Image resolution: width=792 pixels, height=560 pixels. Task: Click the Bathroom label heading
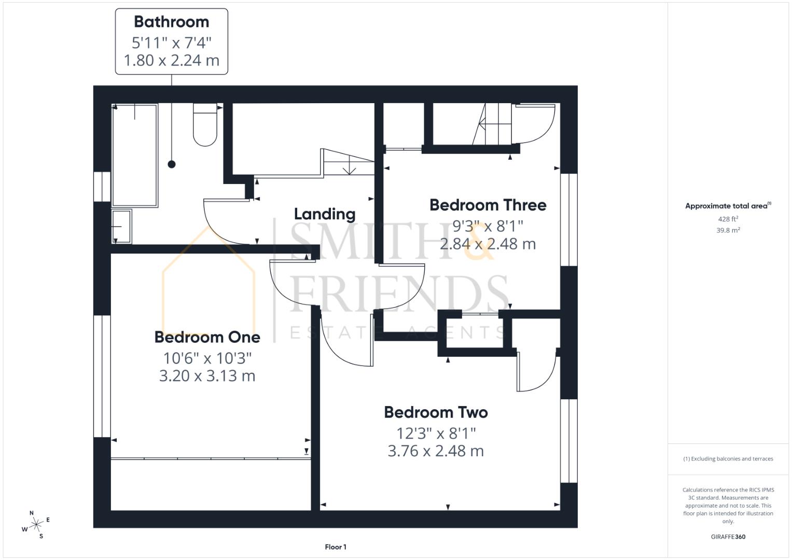coord(171,22)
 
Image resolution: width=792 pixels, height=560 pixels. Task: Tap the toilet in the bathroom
coord(205,126)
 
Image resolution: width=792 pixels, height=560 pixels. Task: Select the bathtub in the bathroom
coord(135,156)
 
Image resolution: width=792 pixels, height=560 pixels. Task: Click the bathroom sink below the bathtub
coord(122,226)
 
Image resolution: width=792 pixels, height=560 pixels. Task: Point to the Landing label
coord(325,214)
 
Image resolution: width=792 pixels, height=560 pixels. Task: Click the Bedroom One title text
coord(207,337)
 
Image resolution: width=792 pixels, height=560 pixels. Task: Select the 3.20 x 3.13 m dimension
coord(207,375)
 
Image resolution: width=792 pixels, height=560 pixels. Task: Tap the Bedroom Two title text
coord(436,412)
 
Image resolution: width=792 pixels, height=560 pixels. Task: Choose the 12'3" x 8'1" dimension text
coord(436,432)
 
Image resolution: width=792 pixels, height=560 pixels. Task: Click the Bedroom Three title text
coord(488,205)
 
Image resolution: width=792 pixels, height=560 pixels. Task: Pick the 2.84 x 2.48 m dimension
coord(488,244)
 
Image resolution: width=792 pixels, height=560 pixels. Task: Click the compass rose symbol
coord(36,525)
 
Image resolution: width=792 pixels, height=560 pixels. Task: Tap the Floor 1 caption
coord(336,547)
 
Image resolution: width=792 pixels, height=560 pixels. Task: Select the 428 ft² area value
coord(728,219)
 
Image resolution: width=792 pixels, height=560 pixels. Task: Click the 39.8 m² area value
coord(728,230)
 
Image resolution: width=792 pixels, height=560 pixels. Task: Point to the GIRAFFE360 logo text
coord(728,537)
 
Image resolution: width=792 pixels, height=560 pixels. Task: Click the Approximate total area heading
coord(728,206)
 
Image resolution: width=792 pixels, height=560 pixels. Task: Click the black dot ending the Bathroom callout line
coord(172,164)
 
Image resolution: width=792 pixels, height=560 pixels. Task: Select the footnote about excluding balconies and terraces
coord(728,459)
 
